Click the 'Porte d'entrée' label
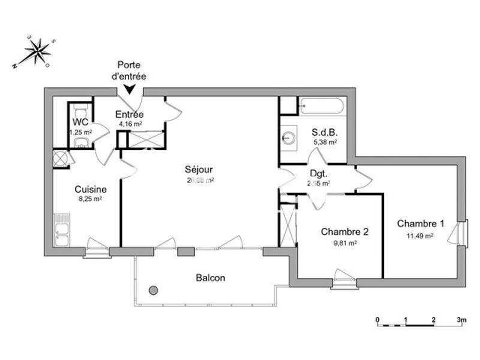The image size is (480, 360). (131, 71)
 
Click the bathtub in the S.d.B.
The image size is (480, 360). (322, 107)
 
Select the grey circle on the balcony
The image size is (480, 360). (154, 290)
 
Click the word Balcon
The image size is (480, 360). (211, 278)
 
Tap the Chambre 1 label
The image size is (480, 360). (421, 224)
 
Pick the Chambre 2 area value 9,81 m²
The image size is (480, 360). (344, 243)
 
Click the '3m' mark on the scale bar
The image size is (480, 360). (461, 319)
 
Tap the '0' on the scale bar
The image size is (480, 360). (377, 319)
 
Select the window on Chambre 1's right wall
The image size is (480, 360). (463, 233)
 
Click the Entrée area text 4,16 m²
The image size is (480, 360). (130, 124)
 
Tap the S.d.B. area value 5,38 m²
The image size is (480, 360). (325, 142)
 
